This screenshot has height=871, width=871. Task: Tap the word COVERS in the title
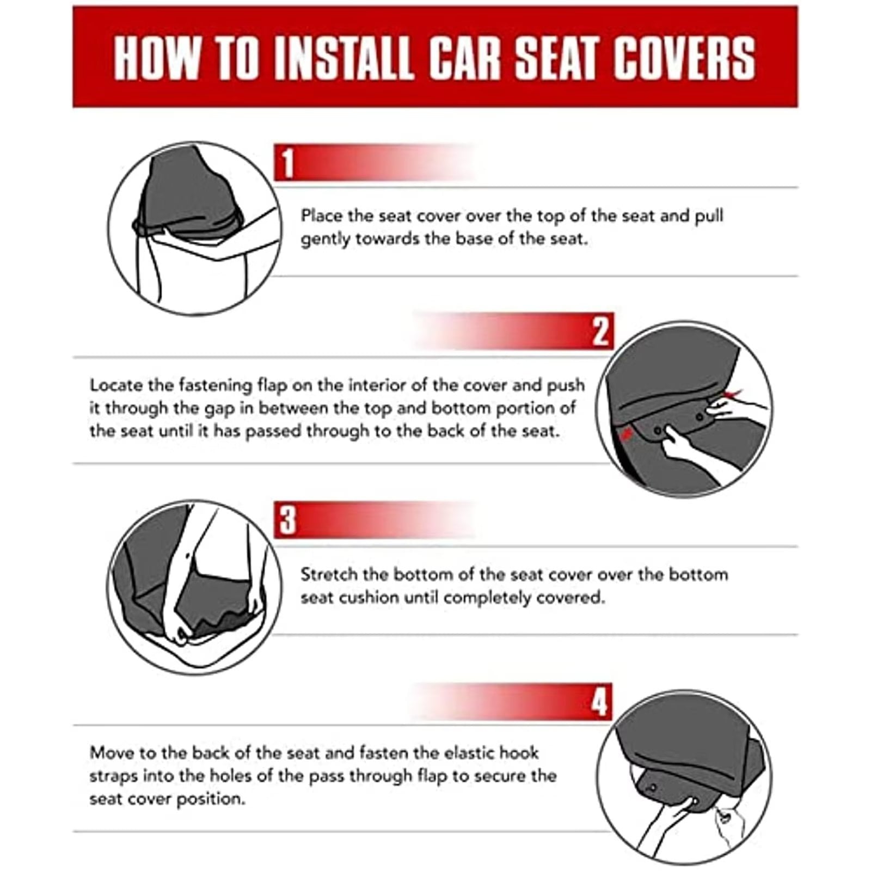(684, 58)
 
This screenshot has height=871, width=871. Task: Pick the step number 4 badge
(599, 702)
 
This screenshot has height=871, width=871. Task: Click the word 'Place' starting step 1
(322, 216)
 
